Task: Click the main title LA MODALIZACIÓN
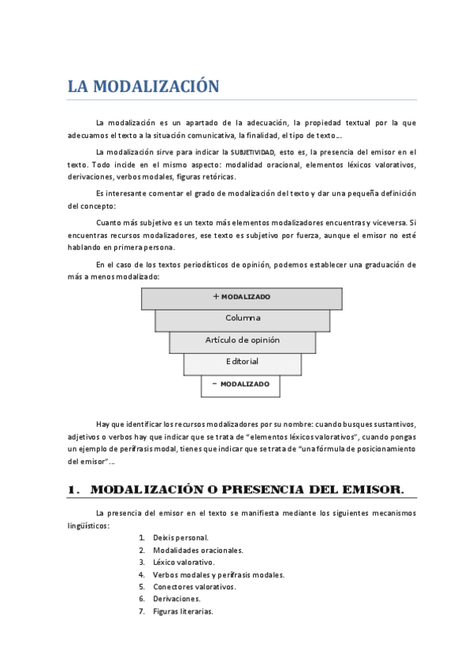(142, 86)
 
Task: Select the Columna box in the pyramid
(243, 318)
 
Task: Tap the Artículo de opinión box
(243, 340)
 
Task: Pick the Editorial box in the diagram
(243, 362)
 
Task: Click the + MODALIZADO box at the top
(242, 297)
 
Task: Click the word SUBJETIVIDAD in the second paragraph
(253, 151)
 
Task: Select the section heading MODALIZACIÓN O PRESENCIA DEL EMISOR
(247, 490)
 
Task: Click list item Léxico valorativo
(183, 562)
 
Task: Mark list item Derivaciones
(177, 599)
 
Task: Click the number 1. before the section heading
(74, 490)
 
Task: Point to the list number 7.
(141, 612)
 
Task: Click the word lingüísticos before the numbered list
(87, 525)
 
